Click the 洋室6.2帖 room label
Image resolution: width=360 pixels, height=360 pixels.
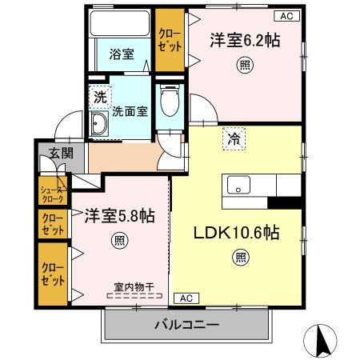click(246, 39)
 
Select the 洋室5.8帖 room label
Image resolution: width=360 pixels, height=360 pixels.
click(120, 216)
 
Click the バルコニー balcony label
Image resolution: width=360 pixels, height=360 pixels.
click(186, 325)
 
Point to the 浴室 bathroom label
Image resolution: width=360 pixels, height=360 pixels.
click(122, 55)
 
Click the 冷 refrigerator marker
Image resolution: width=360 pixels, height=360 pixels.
click(234, 138)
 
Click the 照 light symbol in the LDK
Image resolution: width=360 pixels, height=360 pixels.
click(240, 257)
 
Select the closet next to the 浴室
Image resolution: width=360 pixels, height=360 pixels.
click(168, 39)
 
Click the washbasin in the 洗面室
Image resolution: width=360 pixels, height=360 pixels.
click(101, 124)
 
